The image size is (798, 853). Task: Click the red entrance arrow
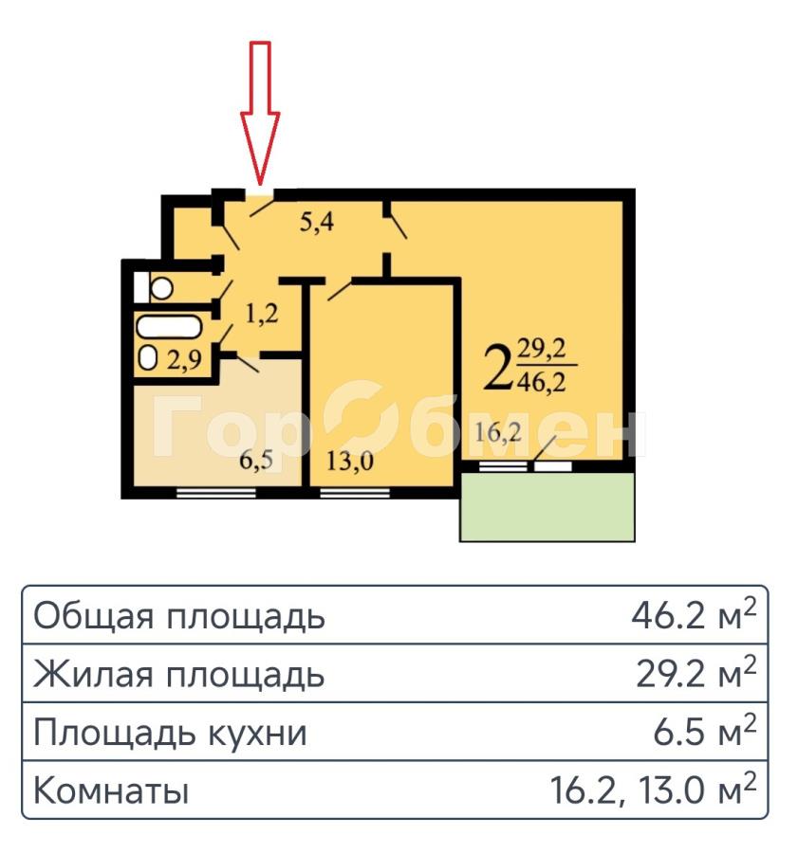click(260, 113)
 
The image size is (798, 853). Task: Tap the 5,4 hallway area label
click(317, 222)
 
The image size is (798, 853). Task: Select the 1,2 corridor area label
click(262, 314)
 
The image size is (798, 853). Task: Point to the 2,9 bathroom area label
click(184, 359)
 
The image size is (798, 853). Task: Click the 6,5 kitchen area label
click(256, 462)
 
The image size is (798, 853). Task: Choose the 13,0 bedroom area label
click(350, 462)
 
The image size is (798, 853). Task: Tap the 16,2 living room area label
click(498, 433)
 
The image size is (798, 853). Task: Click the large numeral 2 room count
click(498, 369)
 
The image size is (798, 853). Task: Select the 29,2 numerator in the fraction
click(542, 348)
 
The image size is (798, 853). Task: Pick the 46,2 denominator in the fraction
click(542, 382)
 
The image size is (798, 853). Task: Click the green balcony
click(547, 507)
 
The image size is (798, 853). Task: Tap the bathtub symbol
click(169, 328)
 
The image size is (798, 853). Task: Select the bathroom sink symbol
click(148, 358)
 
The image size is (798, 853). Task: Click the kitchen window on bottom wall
click(216, 494)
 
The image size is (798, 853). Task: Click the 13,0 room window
click(355, 494)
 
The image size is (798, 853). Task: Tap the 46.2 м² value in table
click(694, 615)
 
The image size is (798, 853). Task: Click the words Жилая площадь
click(178, 674)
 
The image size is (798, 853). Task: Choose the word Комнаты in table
click(111, 790)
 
